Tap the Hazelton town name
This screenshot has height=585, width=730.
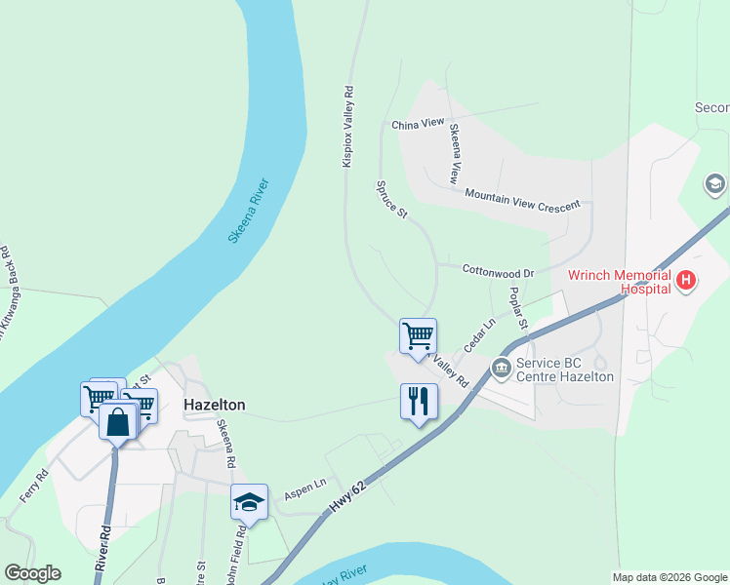(x=215, y=405)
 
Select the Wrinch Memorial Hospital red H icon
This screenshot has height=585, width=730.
(x=686, y=281)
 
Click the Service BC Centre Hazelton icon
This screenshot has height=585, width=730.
(x=502, y=368)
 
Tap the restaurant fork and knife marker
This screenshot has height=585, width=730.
(x=419, y=401)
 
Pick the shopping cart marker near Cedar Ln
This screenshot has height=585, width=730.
(x=418, y=336)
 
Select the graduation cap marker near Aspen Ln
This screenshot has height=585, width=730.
(x=249, y=502)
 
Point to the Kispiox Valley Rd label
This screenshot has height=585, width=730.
(x=347, y=127)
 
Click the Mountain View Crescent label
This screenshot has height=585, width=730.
(x=522, y=199)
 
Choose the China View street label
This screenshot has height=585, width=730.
(x=418, y=125)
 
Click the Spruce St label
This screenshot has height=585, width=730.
(x=391, y=199)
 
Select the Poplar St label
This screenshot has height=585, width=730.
(x=517, y=308)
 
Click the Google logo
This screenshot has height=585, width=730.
(x=32, y=573)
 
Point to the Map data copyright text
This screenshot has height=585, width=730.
(x=669, y=577)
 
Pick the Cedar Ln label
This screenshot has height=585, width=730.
(x=479, y=335)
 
